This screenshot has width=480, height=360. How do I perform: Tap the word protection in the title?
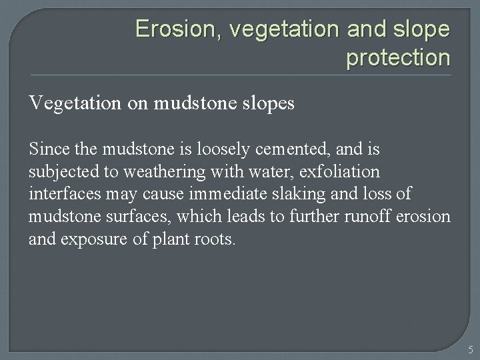398,58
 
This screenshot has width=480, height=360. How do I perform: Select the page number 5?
470,349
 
